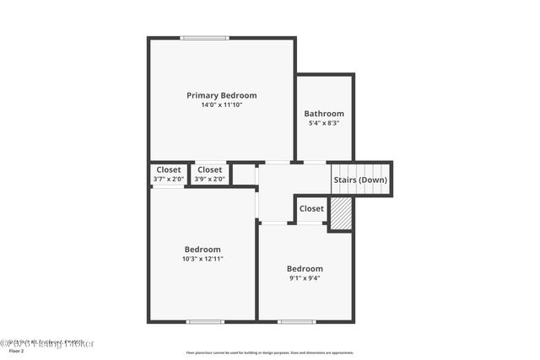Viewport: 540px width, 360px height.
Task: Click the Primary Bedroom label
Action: click(221, 95)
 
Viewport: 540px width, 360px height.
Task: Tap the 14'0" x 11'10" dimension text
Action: click(221, 105)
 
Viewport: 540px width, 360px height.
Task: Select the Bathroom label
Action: click(324, 113)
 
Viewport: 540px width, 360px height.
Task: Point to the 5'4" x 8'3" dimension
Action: click(324, 123)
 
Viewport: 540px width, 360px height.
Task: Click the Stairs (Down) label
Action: click(360, 180)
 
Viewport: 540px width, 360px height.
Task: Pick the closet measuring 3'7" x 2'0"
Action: click(168, 174)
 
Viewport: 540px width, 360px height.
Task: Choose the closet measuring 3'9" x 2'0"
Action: click(210, 174)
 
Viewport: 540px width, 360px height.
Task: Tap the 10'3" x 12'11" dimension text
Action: click(202, 259)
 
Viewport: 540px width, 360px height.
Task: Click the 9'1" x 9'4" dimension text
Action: click(305, 278)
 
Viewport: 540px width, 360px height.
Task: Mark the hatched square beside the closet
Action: click(339, 212)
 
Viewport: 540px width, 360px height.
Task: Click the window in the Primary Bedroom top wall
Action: click(204, 37)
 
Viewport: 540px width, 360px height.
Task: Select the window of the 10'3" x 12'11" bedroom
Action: click(204, 321)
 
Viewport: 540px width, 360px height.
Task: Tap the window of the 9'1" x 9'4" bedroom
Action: click(296, 321)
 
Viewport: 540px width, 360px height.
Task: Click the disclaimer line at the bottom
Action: click(270, 352)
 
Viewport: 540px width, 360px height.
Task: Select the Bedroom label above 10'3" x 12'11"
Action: click(202, 249)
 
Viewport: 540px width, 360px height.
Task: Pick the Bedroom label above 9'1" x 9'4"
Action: click(305, 268)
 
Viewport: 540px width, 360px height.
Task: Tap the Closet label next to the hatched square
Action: click(310, 208)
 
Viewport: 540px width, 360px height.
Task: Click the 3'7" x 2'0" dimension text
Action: click(168, 179)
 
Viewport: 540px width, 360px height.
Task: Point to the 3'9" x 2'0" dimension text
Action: click(210, 179)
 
